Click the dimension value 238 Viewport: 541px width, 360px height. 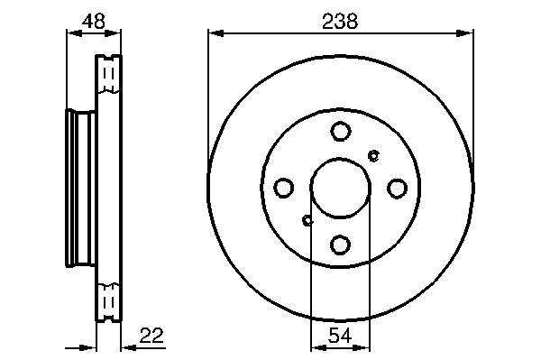[x=340, y=21]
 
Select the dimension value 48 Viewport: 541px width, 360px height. [x=94, y=21]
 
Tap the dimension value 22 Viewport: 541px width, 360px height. [x=151, y=335]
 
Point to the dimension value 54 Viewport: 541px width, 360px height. [x=340, y=335]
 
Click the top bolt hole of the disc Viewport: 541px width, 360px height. [x=341, y=131]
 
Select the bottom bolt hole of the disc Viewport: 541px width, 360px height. [x=341, y=245]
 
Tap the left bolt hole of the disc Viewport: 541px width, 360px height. [x=284, y=188]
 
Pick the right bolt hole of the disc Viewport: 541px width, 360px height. [x=397, y=188]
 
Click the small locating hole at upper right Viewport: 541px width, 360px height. [x=373, y=156]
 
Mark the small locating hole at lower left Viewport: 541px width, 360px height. [x=307, y=220]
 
